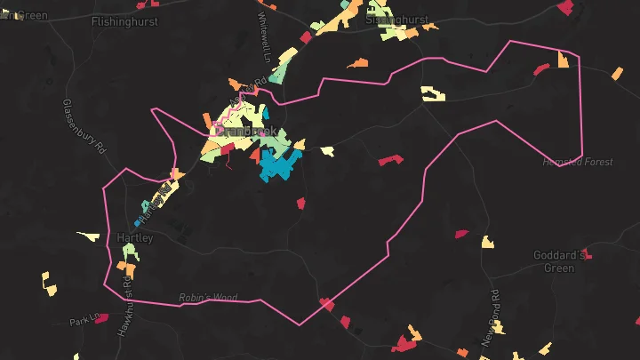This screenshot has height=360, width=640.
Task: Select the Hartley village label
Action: [135, 238]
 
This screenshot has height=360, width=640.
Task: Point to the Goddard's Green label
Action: [560, 261]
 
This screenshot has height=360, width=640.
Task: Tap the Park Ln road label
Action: [86, 318]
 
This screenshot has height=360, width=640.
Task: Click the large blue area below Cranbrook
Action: [278, 165]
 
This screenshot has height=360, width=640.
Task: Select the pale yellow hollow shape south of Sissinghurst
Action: [433, 93]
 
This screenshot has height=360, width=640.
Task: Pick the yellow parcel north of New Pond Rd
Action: [487, 242]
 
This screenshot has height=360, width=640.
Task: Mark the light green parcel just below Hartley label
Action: [129, 253]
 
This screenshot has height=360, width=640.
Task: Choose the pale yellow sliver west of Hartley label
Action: [89, 236]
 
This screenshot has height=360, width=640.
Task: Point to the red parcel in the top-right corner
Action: [564, 7]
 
